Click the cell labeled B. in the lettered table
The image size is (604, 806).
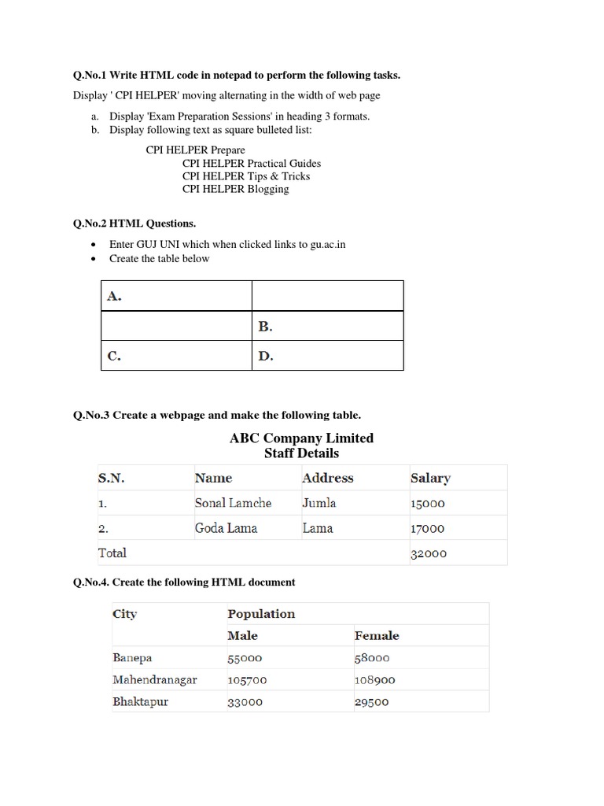point(265,326)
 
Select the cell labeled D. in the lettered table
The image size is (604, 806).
point(265,356)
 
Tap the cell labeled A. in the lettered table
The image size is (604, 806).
point(114,296)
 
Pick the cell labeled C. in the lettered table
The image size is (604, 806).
point(114,356)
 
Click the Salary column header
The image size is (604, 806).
point(430,478)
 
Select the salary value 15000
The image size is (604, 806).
point(428,504)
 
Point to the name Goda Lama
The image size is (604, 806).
point(226,528)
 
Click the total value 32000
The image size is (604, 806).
point(428,553)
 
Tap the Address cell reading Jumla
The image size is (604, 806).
point(319,503)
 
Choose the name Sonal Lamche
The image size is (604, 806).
point(233,503)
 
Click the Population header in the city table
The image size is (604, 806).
point(261,614)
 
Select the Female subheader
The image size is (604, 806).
point(377,635)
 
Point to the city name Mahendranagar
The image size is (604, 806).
point(155,679)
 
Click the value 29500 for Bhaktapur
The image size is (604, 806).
point(371,702)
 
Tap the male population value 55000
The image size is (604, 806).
point(245,658)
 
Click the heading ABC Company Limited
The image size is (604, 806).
point(301,438)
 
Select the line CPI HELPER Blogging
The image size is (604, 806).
point(235,189)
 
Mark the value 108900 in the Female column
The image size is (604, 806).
point(374,680)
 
